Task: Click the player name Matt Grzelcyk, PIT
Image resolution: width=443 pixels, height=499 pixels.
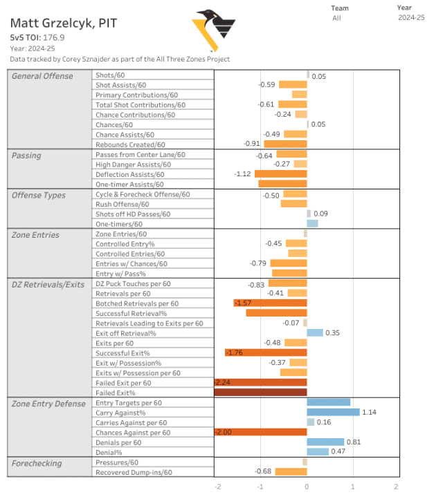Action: click(x=63, y=23)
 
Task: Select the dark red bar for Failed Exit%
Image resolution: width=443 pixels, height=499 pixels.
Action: click(x=260, y=393)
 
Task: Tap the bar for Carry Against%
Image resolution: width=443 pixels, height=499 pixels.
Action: click(x=333, y=412)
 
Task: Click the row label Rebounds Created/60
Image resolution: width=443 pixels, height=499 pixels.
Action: click(x=130, y=144)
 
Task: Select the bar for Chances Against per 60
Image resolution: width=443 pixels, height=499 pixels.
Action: click(x=260, y=432)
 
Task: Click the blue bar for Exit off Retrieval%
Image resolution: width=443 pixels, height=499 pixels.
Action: click(x=315, y=333)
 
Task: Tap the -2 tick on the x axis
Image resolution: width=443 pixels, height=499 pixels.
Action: click(x=219, y=487)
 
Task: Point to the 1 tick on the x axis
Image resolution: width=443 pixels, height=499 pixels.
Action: click(x=352, y=487)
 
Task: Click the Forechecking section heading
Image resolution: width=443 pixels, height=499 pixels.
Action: click(x=37, y=463)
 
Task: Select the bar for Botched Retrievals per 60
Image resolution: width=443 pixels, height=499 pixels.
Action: click(x=270, y=303)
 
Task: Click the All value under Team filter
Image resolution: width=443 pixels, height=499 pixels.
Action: click(x=336, y=18)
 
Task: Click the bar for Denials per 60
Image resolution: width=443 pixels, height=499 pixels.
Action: click(x=325, y=442)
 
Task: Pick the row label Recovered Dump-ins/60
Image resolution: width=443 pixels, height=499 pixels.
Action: click(x=134, y=472)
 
